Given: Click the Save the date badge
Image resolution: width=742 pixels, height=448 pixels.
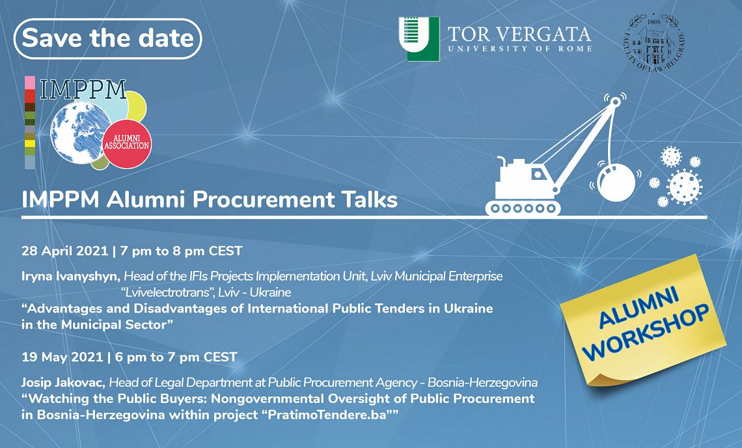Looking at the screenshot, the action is tap(108, 38).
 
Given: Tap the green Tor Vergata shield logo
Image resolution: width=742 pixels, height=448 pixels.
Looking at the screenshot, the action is tap(419, 39).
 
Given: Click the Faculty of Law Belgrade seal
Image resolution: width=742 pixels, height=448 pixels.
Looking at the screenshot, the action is tap(654, 42).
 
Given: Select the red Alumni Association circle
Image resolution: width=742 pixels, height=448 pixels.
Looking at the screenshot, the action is tap(127, 143).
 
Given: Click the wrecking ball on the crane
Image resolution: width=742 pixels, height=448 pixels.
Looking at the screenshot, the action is tap(616, 182).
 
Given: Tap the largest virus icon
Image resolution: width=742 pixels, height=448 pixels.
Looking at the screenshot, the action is tap(684, 187).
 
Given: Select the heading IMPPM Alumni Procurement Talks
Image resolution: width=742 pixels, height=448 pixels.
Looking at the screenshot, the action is tap(210, 199).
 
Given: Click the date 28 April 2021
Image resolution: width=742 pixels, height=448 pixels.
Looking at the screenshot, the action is tap(65, 251).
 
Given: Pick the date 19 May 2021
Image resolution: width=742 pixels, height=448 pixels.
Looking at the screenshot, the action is tap(62, 357).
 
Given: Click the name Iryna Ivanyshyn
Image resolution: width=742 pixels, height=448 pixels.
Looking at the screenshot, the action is tap(72, 276).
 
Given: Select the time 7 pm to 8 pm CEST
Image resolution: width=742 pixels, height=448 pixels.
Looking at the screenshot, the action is tap(181, 251).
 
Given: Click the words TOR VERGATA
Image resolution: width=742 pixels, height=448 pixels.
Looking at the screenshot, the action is tap(519, 34).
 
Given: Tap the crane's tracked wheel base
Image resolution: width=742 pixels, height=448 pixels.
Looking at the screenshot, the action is tap(523, 208).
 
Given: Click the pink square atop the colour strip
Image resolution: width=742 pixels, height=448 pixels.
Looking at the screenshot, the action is tap(30, 83).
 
